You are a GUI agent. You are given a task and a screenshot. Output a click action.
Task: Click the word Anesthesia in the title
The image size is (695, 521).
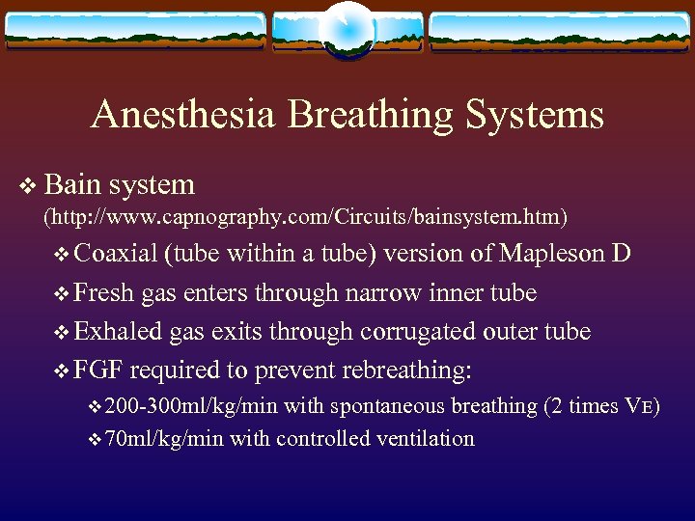(183, 116)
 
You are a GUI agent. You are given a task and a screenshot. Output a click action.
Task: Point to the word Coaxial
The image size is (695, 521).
(115, 254)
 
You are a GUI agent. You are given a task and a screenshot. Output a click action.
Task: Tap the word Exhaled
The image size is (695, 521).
(119, 331)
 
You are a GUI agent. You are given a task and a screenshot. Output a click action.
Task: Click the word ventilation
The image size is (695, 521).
(423, 439)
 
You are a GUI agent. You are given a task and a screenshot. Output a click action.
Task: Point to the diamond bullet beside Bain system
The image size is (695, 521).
(27, 185)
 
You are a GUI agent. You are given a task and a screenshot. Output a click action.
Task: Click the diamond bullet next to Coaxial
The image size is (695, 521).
(63, 255)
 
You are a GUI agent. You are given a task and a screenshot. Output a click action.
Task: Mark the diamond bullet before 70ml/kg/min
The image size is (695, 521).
(94, 440)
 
